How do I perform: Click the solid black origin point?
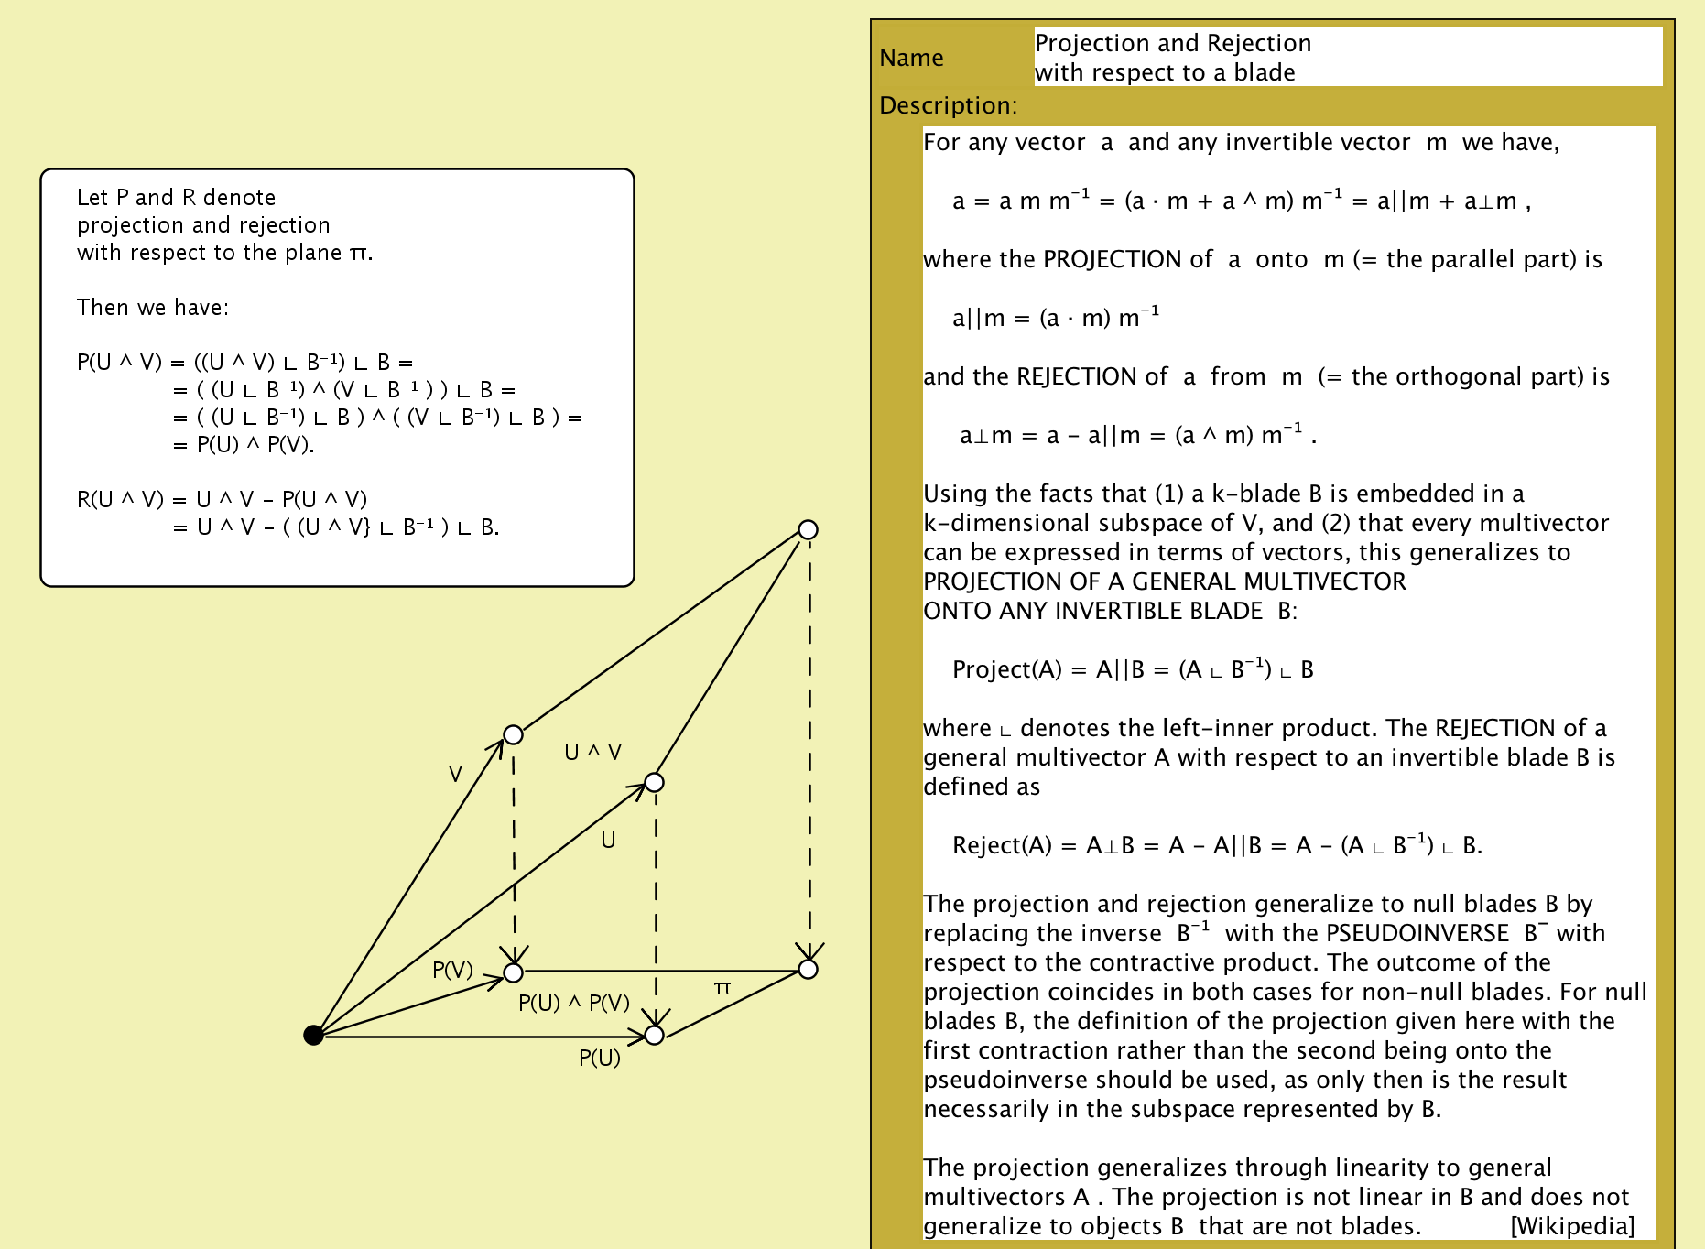[313, 1035]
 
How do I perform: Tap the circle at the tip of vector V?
[514, 735]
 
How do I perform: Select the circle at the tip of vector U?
[654, 782]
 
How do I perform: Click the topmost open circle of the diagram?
[808, 529]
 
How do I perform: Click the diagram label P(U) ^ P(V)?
[574, 1004]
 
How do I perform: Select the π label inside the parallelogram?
[722, 988]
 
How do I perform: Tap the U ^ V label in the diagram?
[592, 753]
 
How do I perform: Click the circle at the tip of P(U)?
[654, 1035]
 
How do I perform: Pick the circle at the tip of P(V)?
[514, 972]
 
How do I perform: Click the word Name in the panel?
[911, 59]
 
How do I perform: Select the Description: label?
[948, 106]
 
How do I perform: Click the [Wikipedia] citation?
[1571, 1226]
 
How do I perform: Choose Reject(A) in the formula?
[1002, 846]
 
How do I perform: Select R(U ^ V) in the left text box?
[119, 500]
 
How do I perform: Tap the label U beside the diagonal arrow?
[608, 841]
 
